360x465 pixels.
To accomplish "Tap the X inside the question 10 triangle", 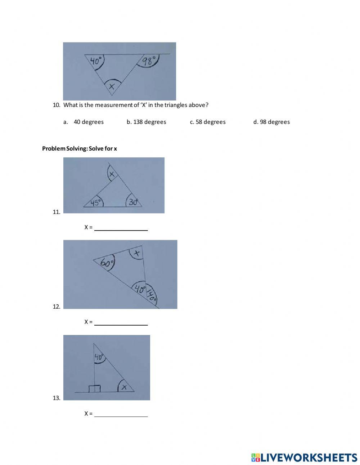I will coord(112,86).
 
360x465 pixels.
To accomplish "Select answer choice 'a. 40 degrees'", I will coord(84,122).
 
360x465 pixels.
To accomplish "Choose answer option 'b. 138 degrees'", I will coord(146,122).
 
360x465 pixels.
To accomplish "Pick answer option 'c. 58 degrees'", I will coord(208,122).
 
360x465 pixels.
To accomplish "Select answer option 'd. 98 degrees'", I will coord(271,122).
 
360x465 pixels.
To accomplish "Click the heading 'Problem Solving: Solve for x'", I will coord(80,148).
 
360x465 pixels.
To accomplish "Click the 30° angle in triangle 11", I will coord(133,202).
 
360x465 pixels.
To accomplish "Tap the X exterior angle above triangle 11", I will coord(112,174).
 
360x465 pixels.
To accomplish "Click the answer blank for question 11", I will coord(121,227).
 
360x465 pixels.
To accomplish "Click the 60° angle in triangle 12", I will coord(107,263).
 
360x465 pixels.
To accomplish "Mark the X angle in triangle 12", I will coord(136,253).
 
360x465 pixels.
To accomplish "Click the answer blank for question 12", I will coord(121,322).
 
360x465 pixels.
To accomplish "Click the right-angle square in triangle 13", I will coord(95,388).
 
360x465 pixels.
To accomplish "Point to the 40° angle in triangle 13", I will coord(99,357).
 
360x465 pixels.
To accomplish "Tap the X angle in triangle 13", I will coord(124,387).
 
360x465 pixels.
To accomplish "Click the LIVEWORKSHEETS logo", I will coord(304,457).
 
